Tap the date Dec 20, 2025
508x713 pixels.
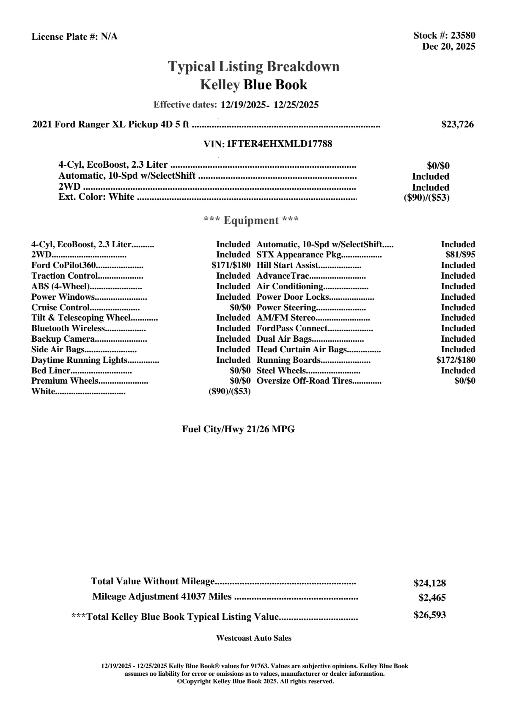click(448, 46)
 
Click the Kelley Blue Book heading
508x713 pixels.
click(253, 85)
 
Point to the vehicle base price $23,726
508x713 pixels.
click(457, 124)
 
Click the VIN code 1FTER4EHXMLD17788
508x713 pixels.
click(279, 144)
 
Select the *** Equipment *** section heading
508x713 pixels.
click(251, 221)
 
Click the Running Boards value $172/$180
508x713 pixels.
click(456, 360)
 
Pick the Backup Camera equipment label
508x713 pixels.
click(63, 339)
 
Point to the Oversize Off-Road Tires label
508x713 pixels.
click(304, 381)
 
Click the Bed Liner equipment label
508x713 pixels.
click(51, 371)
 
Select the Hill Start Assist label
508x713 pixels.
click(287, 265)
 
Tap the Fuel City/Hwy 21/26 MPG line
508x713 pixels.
click(238, 429)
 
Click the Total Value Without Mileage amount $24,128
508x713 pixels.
click(429, 583)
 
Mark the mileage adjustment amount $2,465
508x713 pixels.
click(432, 598)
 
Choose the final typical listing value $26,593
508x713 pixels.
click(429, 615)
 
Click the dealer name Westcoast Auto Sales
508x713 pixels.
click(253, 638)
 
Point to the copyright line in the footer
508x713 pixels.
click(255, 682)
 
